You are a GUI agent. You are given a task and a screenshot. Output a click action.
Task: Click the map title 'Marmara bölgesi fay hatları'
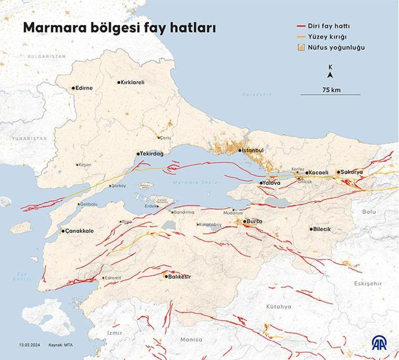(x=119, y=28)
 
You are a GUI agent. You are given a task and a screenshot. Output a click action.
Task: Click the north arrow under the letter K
(x=331, y=75)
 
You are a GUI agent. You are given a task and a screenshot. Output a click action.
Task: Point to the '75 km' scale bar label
(x=331, y=90)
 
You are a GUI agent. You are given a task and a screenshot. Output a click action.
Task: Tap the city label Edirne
(x=84, y=88)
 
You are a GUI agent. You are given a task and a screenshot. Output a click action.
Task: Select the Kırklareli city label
(x=132, y=82)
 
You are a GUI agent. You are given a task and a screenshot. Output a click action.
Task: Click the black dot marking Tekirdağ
(x=138, y=154)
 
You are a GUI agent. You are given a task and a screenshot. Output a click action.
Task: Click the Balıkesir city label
(x=180, y=277)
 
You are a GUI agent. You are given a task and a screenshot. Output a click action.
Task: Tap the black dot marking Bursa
(x=245, y=221)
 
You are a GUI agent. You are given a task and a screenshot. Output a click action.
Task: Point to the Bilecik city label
(x=322, y=229)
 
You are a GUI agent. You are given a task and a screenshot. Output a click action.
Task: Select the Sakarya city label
(x=352, y=172)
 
